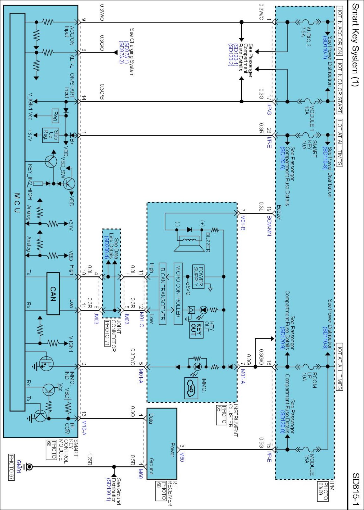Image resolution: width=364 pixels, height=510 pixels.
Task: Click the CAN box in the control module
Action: click(x=53, y=294)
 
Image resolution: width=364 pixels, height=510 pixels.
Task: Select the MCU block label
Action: click(x=17, y=203)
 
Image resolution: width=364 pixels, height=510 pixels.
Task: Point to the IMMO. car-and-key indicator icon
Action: click(x=191, y=388)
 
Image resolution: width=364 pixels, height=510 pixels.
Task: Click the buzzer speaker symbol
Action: click(x=189, y=244)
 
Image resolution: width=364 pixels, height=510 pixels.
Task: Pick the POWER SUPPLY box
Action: click(x=198, y=276)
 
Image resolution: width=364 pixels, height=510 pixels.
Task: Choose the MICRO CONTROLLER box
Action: click(x=178, y=294)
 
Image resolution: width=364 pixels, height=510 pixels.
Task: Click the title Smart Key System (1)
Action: click(x=355, y=45)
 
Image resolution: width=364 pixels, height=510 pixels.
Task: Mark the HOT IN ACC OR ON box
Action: click(x=339, y=31)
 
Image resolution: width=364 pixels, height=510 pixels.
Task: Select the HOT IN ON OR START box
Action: click(x=339, y=86)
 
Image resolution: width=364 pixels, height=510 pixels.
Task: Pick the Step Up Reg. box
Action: click(x=50, y=135)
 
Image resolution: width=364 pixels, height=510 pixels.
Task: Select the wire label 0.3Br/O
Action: click(x=133, y=357)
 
